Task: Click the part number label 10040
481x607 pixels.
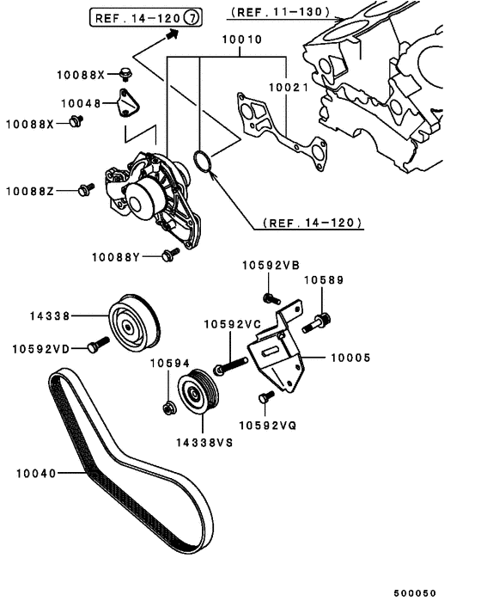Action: tap(33, 472)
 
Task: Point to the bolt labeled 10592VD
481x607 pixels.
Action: tap(97, 346)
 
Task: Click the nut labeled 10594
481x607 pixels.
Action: tap(170, 407)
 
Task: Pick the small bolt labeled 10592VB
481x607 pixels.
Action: tap(270, 298)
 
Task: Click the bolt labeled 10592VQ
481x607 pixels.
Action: tap(265, 396)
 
